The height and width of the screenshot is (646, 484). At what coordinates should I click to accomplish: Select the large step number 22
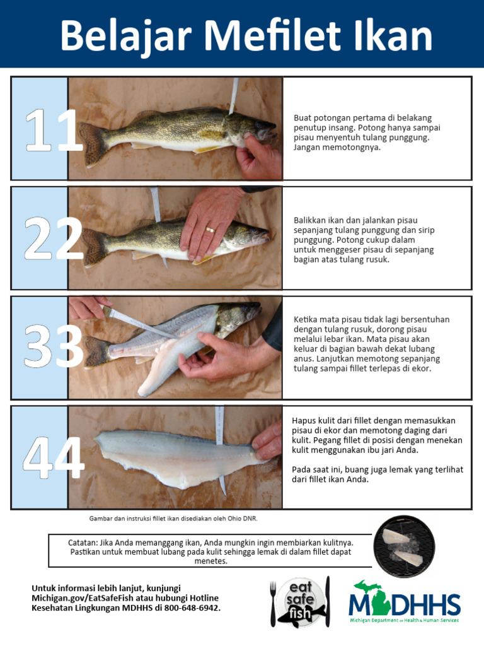(x=53, y=239)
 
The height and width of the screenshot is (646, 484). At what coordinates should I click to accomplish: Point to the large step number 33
(x=53, y=348)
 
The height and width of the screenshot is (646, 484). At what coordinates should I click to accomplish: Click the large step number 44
(x=53, y=458)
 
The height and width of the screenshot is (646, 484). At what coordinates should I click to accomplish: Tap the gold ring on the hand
(x=210, y=230)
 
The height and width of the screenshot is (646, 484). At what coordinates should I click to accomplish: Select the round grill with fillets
(x=404, y=546)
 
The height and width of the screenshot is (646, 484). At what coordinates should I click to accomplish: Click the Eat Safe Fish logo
(x=301, y=602)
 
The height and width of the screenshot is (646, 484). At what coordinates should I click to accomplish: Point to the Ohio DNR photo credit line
(x=173, y=518)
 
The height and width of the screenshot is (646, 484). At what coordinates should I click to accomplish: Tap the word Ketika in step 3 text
(x=307, y=319)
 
